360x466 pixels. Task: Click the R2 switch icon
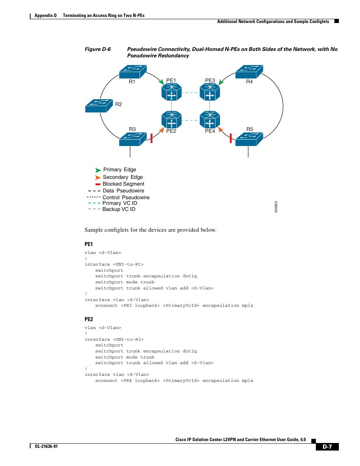pos(99,106)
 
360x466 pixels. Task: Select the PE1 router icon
pos(171,92)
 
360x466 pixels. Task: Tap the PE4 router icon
pos(209,120)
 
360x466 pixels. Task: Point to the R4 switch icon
pos(249,72)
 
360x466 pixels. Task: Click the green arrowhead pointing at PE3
pos(221,82)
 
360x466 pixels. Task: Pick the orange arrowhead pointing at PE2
pos(162,130)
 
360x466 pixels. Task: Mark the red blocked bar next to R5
pos(231,138)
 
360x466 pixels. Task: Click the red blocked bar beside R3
pos(151,138)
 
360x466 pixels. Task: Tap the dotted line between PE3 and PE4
pos(209,106)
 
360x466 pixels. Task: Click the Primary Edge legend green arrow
pos(98,170)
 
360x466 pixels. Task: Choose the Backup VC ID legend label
pos(119,209)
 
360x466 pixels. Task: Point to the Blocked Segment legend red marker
pos(98,184)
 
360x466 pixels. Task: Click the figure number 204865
pos(276,207)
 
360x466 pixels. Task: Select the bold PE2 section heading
pos(89,319)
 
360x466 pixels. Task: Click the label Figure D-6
pos(98,49)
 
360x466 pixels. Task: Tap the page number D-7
pos(327,447)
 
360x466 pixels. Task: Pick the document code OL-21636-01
pos(46,446)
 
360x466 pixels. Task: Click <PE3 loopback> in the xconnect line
pos(140,305)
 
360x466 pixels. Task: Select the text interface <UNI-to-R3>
pos(114,339)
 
